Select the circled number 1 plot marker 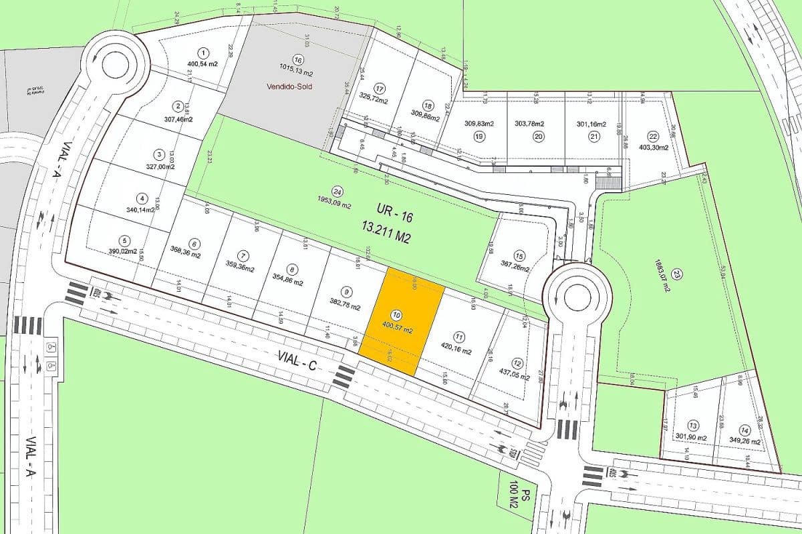(203, 52)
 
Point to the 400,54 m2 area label (203, 65)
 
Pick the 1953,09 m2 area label (333, 206)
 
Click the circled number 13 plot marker (693, 426)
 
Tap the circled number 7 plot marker (243, 256)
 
